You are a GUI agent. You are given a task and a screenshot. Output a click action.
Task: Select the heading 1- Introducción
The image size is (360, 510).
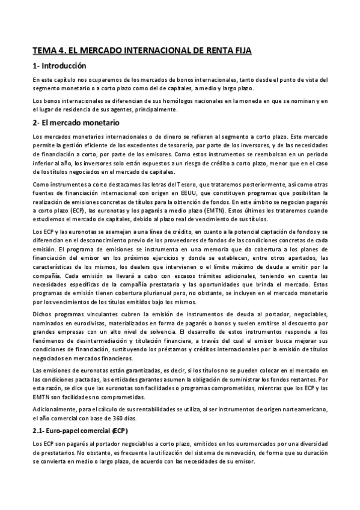tap(60, 66)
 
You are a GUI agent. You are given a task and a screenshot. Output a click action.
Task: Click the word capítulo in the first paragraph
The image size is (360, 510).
tap(61, 80)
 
